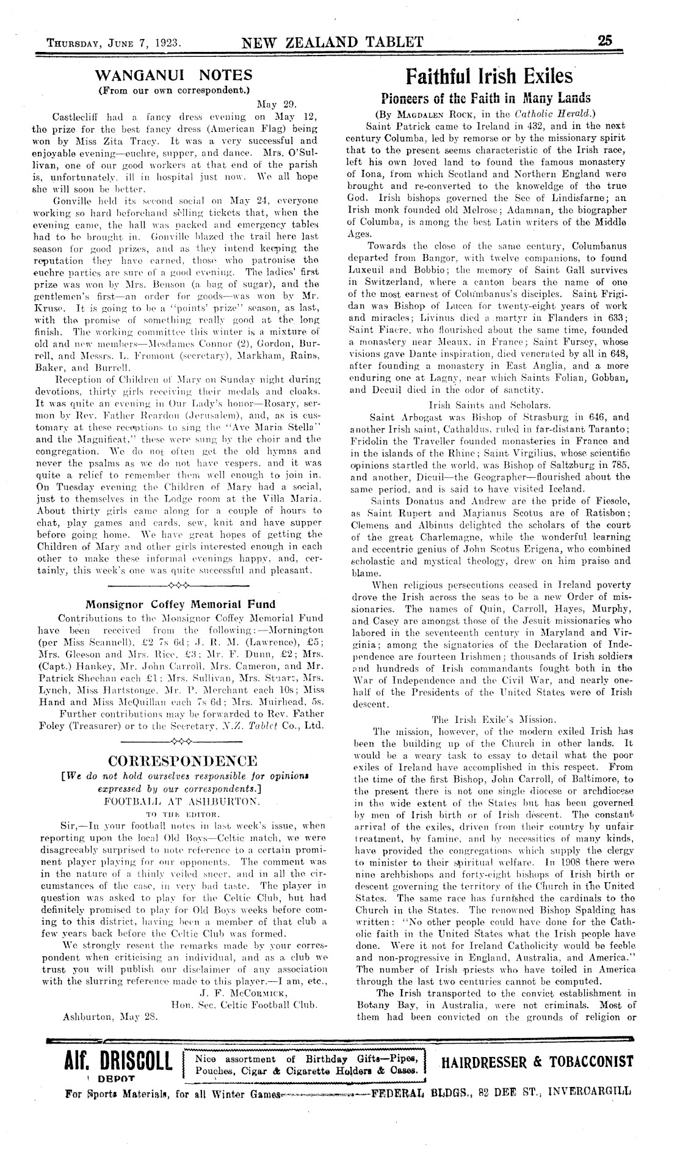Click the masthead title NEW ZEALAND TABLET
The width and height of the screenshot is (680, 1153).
pyautogui.click(x=333, y=42)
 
